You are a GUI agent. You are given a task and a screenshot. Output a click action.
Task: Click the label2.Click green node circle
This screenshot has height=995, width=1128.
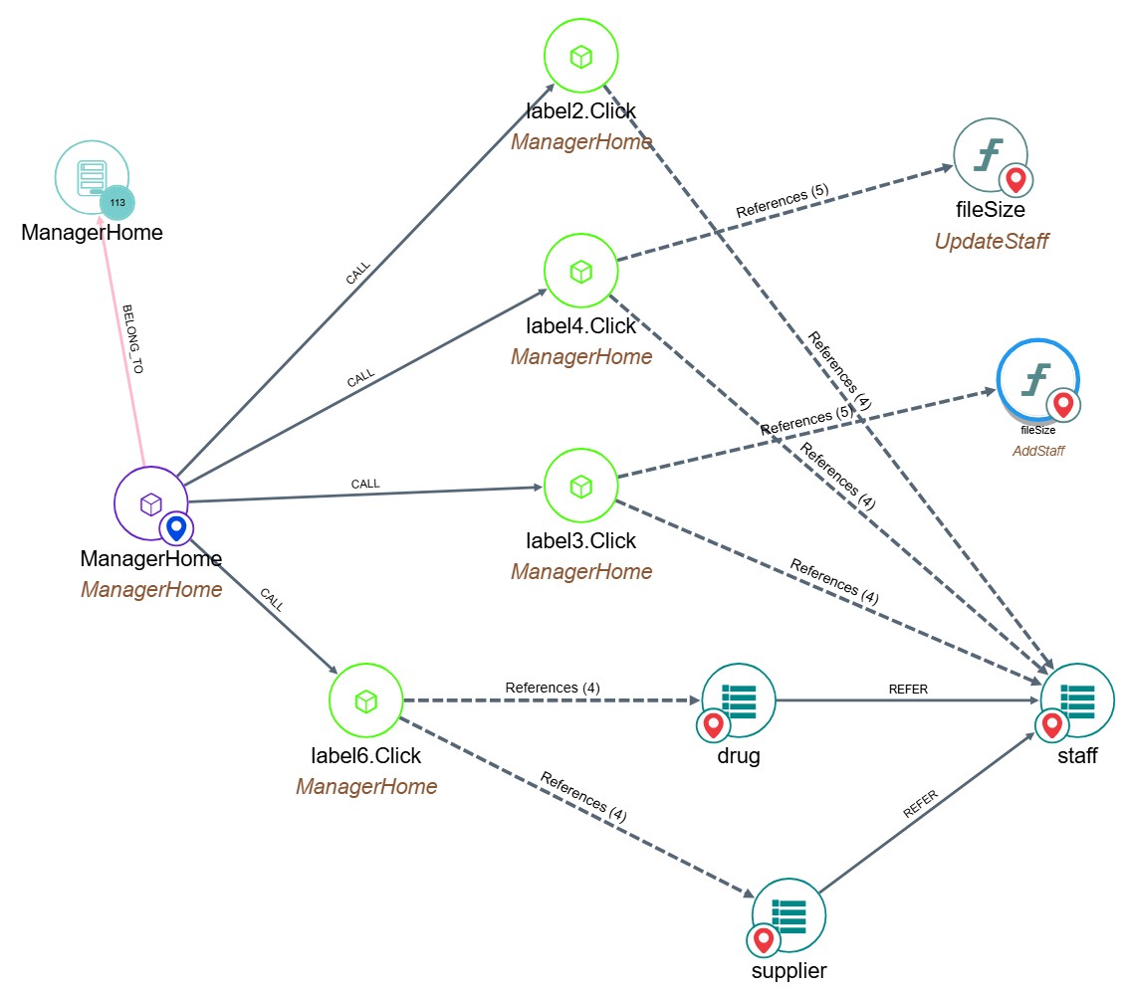pos(581,58)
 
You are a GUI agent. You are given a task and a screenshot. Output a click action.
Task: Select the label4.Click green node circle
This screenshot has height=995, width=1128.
pos(581,271)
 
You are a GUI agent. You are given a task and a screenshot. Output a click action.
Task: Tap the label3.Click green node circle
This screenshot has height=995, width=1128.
pos(581,487)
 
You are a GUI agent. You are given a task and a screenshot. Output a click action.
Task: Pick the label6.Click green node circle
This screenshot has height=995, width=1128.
pos(365,702)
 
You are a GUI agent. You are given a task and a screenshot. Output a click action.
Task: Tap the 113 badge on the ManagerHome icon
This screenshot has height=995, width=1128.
pos(117,203)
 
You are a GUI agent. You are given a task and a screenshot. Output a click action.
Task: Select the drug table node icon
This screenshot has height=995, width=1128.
pos(739,700)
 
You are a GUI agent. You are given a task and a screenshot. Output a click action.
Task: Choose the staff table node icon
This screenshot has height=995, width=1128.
pos(1078,700)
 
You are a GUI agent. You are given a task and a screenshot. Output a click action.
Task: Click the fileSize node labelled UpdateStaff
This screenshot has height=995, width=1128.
pos(991,156)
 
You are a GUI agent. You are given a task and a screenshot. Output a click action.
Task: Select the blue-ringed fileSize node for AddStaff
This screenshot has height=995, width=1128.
pos(1037,382)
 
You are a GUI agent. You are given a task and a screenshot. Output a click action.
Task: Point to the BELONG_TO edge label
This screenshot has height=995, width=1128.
pos(131,339)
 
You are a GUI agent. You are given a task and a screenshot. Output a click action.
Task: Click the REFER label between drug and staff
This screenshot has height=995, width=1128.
pos(909,690)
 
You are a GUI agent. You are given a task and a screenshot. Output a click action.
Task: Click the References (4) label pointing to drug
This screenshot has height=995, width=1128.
pos(553,688)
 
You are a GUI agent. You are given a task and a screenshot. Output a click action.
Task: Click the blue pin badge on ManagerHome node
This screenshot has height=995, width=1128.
pos(176,527)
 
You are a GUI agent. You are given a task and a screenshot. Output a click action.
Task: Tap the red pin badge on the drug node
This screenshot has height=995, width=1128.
pos(713,725)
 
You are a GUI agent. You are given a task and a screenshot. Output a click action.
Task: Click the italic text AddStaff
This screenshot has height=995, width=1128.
pos(1038,451)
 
